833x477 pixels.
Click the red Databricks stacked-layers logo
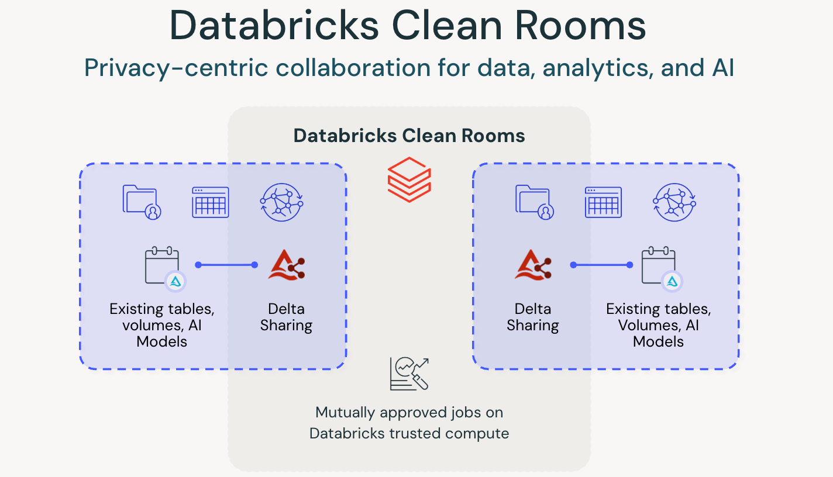tap(409, 179)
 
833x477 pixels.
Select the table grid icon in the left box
tap(211, 202)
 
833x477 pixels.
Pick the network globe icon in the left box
tap(281, 202)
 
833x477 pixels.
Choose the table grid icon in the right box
tap(604, 202)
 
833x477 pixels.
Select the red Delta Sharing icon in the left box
tap(286, 265)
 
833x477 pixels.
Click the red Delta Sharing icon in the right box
tap(533, 265)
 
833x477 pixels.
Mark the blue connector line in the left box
tap(226, 265)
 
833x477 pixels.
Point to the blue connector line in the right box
tap(601, 265)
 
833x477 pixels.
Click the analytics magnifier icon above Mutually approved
tap(409, 374)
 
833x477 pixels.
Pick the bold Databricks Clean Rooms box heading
tap(409, 136)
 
